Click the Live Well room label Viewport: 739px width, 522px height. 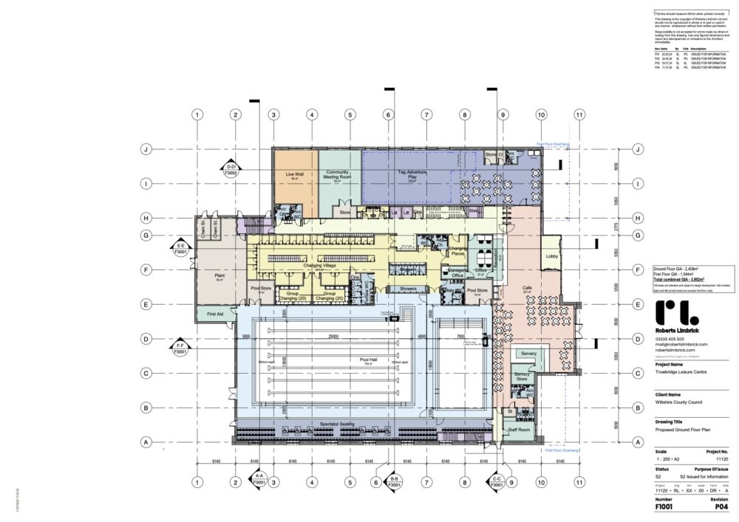click(x=295, y=175)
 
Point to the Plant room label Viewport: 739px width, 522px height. click(x=219, y=275)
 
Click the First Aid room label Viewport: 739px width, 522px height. click(x=216, y=313)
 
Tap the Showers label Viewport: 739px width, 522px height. click(x=409, y=289)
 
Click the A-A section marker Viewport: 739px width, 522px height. click(x=259, y=481)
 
